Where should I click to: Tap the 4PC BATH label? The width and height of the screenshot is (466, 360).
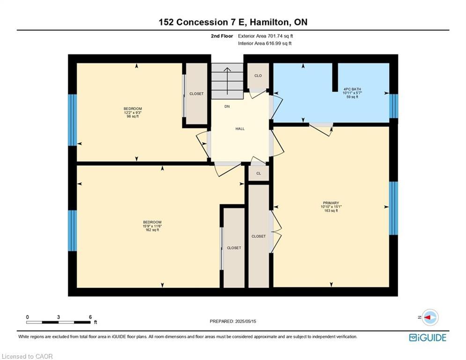352,89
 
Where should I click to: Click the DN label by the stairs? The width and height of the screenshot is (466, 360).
227,107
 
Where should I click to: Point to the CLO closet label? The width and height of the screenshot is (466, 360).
258,75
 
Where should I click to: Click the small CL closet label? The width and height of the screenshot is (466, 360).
258,173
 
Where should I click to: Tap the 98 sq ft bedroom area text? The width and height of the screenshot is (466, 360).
133,117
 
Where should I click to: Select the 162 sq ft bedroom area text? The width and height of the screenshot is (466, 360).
152,230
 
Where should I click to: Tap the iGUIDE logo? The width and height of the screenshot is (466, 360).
427,337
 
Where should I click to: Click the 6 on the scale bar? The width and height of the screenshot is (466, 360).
90,317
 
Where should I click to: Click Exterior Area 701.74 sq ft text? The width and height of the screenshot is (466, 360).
266,36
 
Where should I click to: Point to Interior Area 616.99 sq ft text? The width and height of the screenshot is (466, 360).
265,44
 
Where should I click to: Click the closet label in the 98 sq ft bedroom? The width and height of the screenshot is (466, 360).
196,94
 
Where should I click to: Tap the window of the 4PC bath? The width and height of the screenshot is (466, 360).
393,106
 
